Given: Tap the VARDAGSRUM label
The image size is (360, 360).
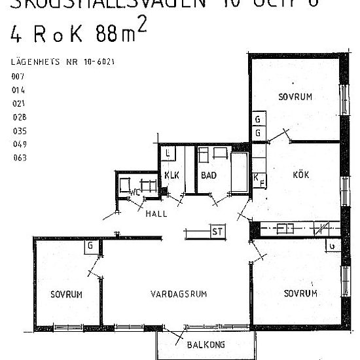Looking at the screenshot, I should tap(177, 295).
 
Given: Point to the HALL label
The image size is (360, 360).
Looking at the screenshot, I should tap(156, 213).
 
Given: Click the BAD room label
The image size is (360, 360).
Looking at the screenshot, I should tap(209, 175).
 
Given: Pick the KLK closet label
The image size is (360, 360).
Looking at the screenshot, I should tap(171, 175).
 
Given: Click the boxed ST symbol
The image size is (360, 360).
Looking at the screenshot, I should tap(217, 232).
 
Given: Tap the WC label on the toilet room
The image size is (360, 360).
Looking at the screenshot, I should tap(134, 192).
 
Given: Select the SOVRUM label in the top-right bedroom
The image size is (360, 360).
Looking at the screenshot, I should tap(295, 97).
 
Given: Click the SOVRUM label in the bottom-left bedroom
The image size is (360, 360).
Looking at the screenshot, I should tap(67, 295).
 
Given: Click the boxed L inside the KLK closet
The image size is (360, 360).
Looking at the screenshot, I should tap(168, 154).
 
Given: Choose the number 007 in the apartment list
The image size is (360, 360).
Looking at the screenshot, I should tap(17, 77).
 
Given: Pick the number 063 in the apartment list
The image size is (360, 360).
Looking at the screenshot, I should tap(18, 157).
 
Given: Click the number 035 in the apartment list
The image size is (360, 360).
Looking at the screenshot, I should tap(18, 130).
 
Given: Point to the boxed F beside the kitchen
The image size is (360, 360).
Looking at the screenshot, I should tap(262, 183).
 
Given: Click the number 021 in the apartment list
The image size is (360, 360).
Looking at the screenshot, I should tap(18, 104).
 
